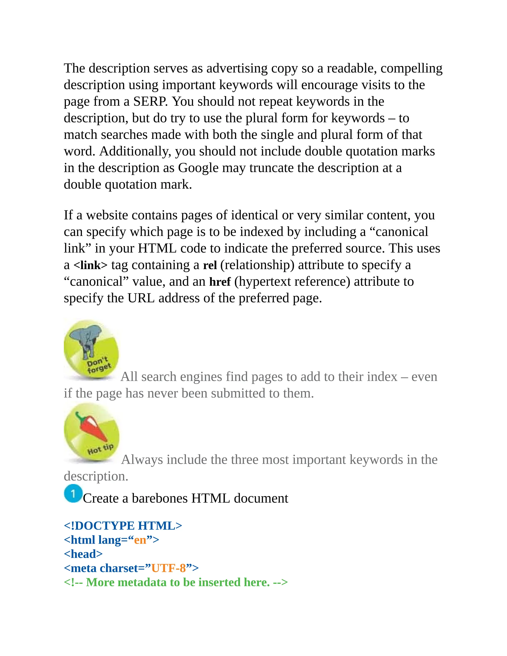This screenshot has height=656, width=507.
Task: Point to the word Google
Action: click(x=198, y=168)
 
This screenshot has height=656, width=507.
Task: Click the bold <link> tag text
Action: click(x=90, y=265)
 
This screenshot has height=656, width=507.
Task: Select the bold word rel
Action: click(x=210, y=265)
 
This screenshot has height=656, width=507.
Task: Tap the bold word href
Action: click(x=220, y=282)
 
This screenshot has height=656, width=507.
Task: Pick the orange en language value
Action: click(x=140, y=540)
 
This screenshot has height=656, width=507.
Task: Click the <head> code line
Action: click(x=83, y=554)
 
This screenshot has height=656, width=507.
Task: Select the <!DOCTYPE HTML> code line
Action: click(x=123, y=526)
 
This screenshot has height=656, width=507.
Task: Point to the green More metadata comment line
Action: click(x=176, y=582)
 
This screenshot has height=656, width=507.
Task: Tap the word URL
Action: click(x=141, y=298)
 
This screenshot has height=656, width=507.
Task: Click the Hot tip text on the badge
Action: click(x=100, y=449)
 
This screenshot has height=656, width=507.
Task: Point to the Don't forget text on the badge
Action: click(x=99, y=364)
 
